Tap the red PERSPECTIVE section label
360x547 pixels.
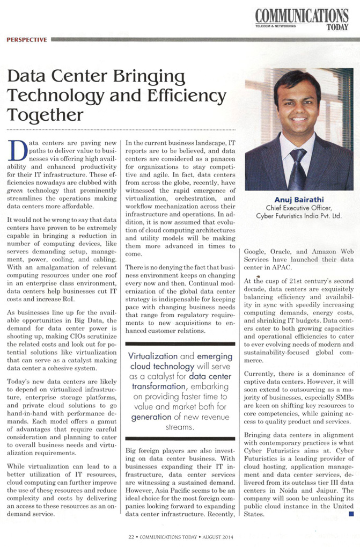[27, 39]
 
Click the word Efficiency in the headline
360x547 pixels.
[185, 96]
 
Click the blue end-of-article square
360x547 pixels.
[351, 514]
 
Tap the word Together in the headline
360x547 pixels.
[45, 114]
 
